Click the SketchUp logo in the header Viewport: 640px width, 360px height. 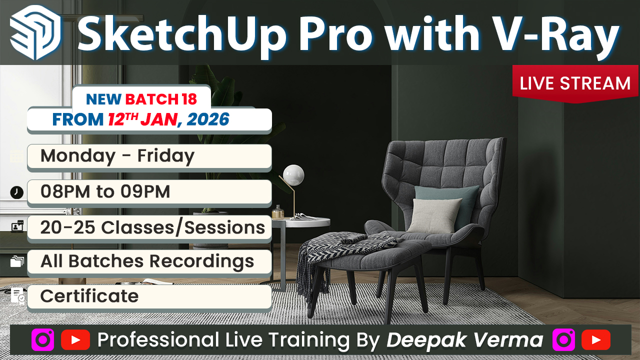coord(35,33)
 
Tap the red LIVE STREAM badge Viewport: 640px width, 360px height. coord(575,83)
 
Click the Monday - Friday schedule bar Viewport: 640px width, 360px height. coord(149,156)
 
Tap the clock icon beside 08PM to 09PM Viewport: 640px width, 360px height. coord(17,192)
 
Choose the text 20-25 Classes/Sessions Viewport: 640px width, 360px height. coord(152,227)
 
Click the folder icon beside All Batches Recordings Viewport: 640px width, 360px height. coord(17,261)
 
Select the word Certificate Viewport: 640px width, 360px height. coord(89,296)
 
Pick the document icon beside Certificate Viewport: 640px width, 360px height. coord(17,295)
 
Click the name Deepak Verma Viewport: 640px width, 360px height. coord(465,340)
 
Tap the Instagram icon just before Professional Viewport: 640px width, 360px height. coord(42,340)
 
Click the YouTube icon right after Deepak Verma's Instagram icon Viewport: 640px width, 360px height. coord(595,340)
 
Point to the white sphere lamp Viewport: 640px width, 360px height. coord(293,174)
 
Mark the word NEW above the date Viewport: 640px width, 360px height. coord(104,99)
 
